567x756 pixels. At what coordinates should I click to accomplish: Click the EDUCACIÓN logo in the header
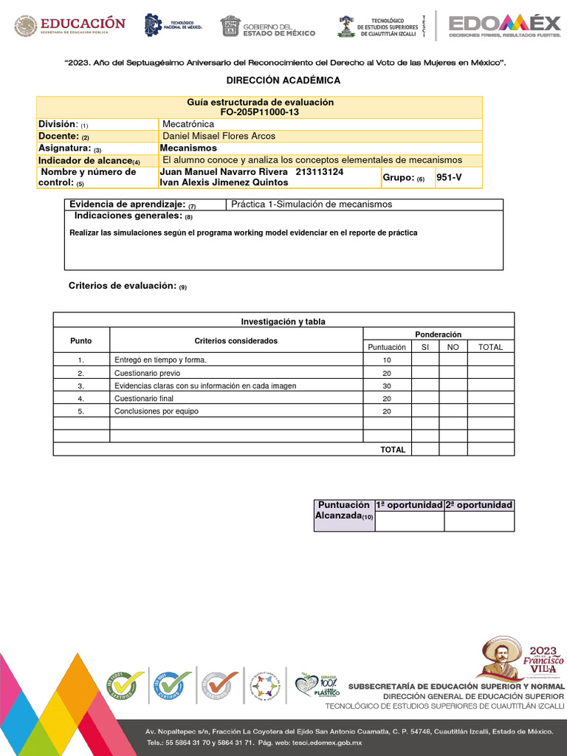(70, 27)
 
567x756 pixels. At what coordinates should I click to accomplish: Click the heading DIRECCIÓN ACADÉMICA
(283, 80)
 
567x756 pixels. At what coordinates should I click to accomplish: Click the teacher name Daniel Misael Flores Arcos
(219, 136)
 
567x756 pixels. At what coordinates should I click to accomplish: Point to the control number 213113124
(319, 172)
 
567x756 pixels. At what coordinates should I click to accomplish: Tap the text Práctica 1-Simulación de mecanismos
(312, 205)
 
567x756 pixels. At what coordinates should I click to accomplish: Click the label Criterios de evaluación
(123, 286)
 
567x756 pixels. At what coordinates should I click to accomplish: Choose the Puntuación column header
(386, 347)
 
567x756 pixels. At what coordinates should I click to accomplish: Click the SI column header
(425, 347)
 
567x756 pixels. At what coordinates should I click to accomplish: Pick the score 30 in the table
(386, 386)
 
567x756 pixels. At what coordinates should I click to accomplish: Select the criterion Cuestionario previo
(147, 374)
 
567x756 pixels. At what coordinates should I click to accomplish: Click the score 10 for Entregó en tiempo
(386, 360)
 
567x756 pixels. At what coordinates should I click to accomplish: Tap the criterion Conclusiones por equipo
(157, 412)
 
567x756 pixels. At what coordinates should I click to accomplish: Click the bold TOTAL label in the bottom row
(393, 450)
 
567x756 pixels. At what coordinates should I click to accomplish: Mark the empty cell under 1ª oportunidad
(409, 521)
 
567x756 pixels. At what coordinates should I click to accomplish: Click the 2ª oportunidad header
(478, 505)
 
